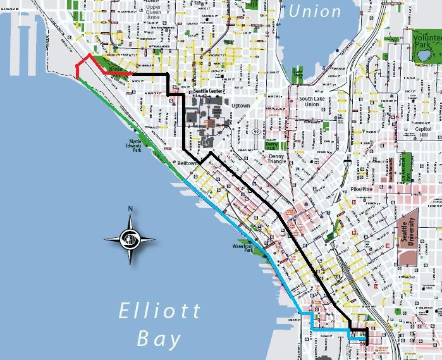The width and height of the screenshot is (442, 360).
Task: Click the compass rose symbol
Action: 129,239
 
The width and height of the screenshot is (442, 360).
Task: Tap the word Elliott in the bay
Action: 159,311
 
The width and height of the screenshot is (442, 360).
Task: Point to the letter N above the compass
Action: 129,209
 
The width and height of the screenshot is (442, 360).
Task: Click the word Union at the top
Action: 314,11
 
